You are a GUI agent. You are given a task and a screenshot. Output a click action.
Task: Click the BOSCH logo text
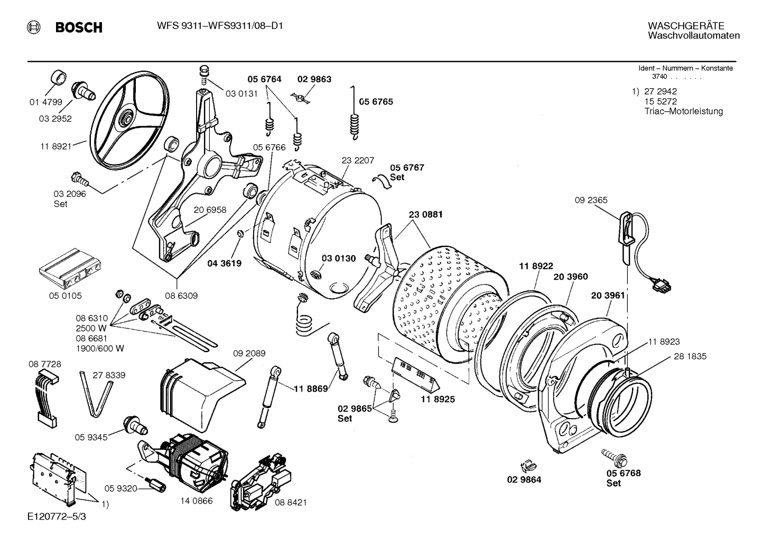(78, 27)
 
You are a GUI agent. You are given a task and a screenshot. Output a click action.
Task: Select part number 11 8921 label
(55, 146)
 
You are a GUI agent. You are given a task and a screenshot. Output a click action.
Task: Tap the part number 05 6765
(376, 102)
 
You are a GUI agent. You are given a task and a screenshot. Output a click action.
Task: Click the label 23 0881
(425, 214)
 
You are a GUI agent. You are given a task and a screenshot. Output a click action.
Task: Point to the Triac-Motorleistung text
(683, 111)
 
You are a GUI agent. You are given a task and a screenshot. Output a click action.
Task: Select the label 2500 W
(91, 328)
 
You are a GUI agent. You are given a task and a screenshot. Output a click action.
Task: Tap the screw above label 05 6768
(614, 456)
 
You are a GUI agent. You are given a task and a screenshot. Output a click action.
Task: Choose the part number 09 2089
(249, 353)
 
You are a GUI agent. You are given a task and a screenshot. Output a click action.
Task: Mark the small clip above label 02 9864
(526, 465)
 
